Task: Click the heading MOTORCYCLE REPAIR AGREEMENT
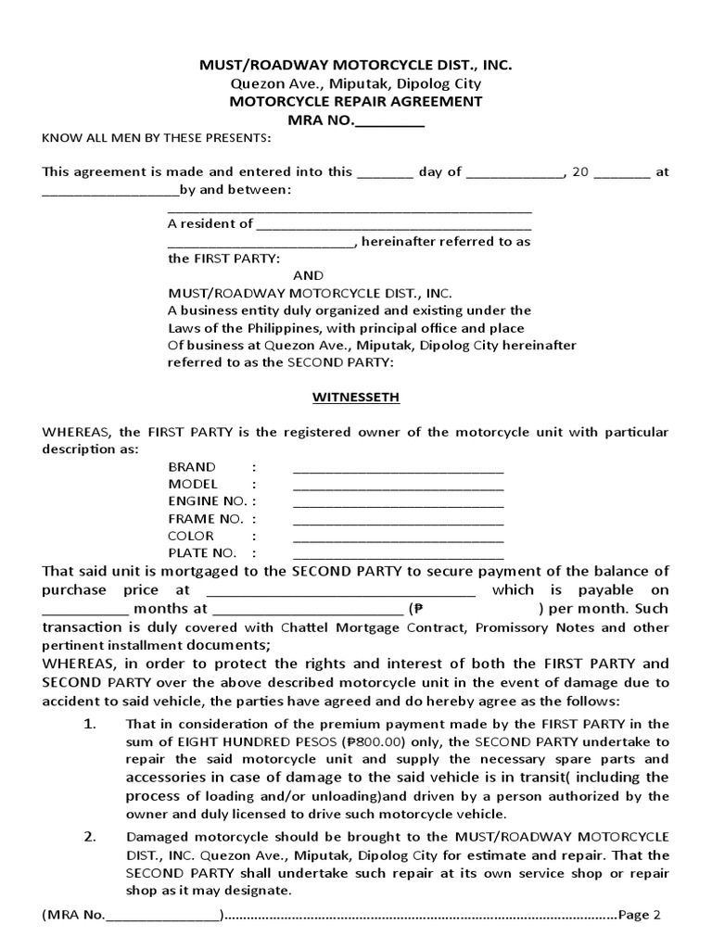tap(356, 102)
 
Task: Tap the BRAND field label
tap(192, 467)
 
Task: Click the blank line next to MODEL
tap(399, 485)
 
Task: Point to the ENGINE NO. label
tap(205, 501)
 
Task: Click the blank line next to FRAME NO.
tap(399, 519)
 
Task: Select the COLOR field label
tap(191, 536)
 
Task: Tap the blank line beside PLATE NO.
tap(399, 553)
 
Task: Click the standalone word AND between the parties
tap(308, 275)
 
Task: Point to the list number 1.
tap(90, 724)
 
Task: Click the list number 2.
tap(90, 837)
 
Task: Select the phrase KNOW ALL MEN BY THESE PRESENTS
tap(157, 138)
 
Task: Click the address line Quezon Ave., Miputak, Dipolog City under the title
tap(356, 83)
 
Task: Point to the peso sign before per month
tap(418, 610)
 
